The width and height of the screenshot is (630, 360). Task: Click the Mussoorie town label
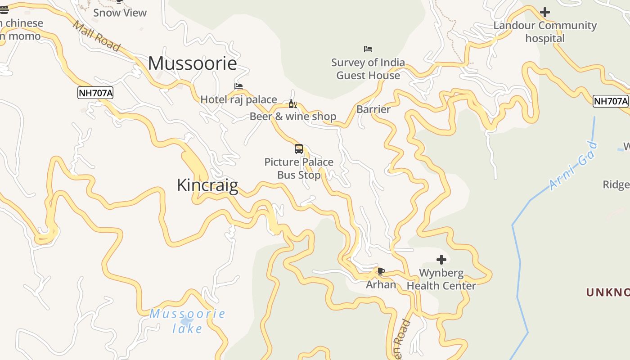click(x=192, y=63)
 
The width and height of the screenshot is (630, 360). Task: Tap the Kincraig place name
click(x=207, y=185)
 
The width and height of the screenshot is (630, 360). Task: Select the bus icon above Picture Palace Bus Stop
click(x=299, y=148)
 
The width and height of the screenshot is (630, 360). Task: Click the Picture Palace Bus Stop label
click(x=299, y=168)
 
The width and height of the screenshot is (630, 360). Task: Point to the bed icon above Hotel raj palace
click(x=238, y=86)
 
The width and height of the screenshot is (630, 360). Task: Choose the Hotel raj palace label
click(x=238, y=99)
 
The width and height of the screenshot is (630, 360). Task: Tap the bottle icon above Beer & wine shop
click(x=293, y=104)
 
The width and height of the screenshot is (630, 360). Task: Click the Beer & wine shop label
click(x=293, y=117)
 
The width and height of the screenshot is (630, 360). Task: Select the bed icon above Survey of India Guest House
click(x=368, y=49)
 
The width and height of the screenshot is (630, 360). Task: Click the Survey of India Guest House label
click(x=368, y=69)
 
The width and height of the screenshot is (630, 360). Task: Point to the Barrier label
click(x=373, y=109)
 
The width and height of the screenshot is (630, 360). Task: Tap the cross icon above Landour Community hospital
click(x=545, y=12)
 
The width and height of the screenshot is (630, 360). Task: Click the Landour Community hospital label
click(x=545, y=31)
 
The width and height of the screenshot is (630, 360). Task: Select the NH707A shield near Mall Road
click(x=95, y=93)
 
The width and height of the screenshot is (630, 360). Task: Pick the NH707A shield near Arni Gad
click(x=610, y=101)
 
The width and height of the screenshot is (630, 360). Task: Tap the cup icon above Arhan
click(x=381, y=271)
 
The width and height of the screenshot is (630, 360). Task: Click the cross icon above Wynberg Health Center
click(x=441, y=260)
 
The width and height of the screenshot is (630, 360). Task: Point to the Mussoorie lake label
click(x=188, y=321)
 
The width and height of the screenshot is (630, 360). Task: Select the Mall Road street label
click(x=96, y=36)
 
